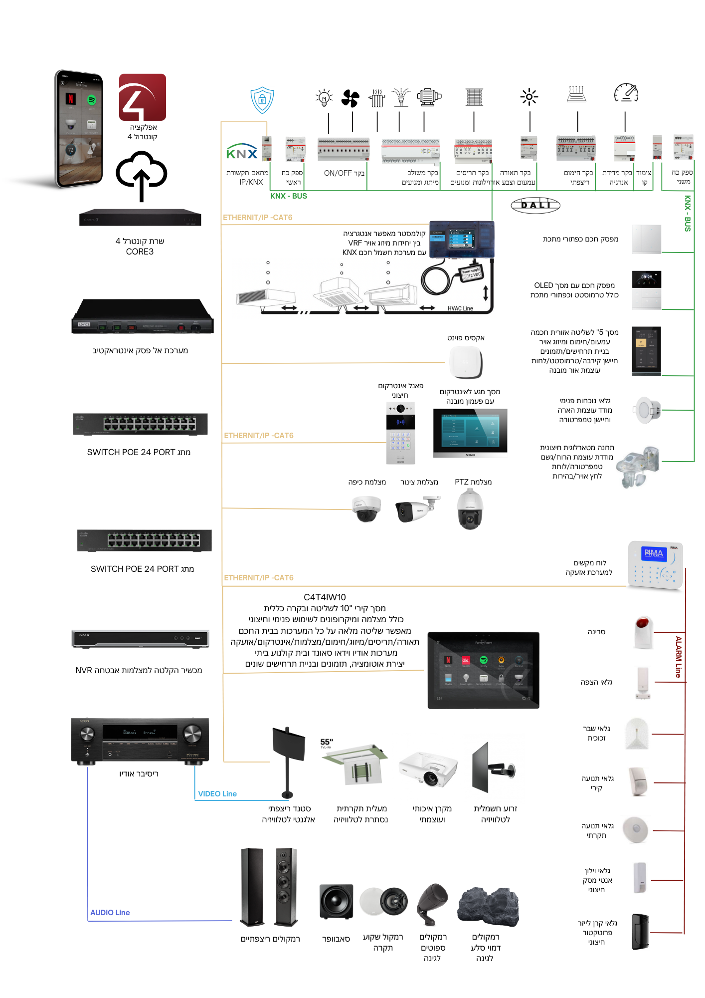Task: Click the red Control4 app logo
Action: point(142,97)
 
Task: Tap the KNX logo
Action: point(242,152)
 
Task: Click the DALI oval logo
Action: point(535,205)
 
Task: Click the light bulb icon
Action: point(324,98)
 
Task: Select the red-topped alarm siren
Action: point(643,632)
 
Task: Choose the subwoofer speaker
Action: point(336,901)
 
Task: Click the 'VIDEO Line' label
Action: point(217,794)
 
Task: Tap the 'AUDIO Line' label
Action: point(110,913)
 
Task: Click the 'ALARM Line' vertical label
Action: point(678,656)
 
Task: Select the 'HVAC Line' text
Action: point(460,308)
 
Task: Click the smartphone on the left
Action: point(79,129)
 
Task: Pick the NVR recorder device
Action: point(140,638)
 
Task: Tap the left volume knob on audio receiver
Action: point(87,734)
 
